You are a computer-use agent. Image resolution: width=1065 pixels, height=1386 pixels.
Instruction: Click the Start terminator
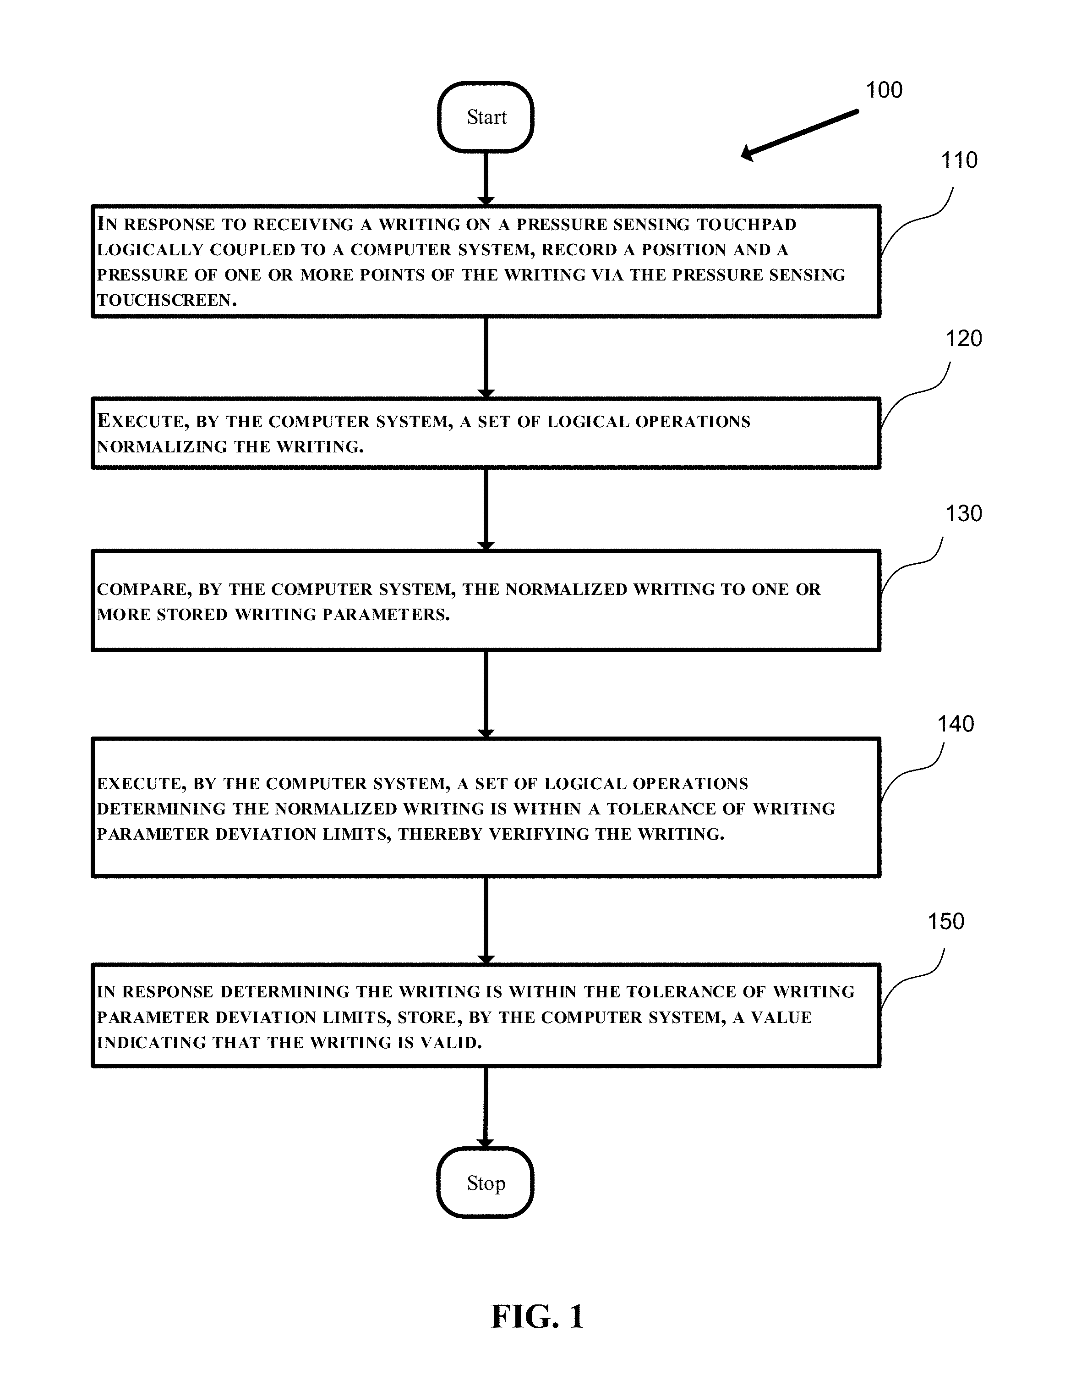pyautogui.click(x=486, y=117)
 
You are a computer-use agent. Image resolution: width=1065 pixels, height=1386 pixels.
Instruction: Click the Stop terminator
pyautogui.click(x=486, y=1183)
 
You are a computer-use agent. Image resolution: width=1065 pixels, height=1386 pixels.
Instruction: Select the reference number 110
pyautogui.click(x=958, y=160)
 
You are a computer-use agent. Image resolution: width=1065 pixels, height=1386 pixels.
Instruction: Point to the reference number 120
pyautogui.click(x=964, y=338)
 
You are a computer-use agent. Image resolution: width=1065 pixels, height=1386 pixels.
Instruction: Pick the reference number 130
pyautogui.click(x=964, y=513)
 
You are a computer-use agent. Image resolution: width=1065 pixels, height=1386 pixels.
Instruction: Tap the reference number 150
pyautogui.click(x=946, y=921)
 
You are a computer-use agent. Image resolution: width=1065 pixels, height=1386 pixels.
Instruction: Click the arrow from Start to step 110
pyautogui.click(x=486, y=179)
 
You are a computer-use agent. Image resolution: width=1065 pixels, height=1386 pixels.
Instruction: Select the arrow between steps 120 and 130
pyautogui.click(x=486, y=509)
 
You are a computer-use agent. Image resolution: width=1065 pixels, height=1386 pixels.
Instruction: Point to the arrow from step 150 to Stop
pyautogui.click(x=486, y=1107)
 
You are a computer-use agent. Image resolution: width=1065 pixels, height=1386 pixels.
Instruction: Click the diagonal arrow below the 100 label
pyautogui.click(x=800, y=134)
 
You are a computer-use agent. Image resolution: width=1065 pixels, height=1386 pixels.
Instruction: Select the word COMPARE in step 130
pyautogui.click(x=144, y=589)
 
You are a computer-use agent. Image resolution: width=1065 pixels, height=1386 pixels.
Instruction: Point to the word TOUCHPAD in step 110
pyautogui.click(x=747, y=225)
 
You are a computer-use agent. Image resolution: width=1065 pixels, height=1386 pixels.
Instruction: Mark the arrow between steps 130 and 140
pyautogui.click(x=486, y=694)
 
